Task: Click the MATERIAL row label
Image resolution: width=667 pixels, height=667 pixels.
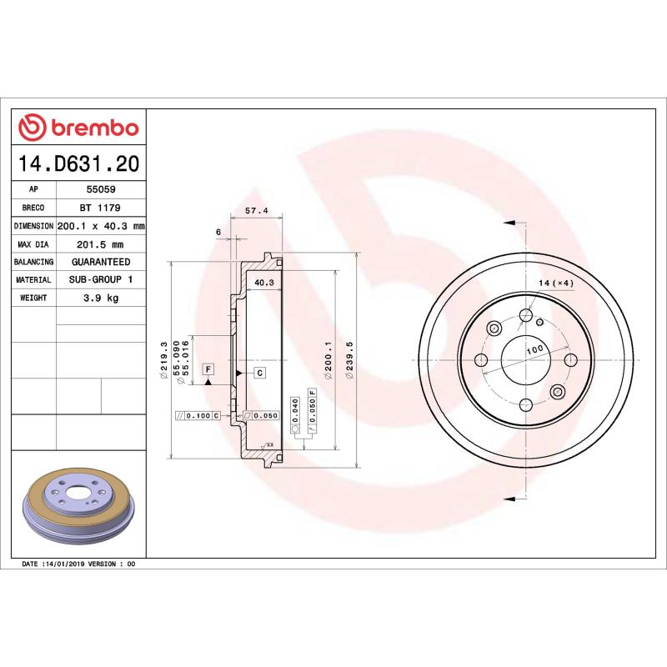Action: pyautogui.click(x=33, y=280)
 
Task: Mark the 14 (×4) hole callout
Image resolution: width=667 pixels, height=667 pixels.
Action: pyautogui.click(x=556, y=283)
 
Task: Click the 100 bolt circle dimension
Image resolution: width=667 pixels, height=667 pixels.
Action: pyautogui.click(x=534, y=349)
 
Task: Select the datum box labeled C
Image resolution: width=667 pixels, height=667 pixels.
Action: pyautogui.click(x=259, y=373)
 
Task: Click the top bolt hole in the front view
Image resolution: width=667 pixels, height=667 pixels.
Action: pyautogui.click(x=525, y=315)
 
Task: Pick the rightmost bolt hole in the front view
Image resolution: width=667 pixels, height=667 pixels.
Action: pyautogui.click(x=570, y=359)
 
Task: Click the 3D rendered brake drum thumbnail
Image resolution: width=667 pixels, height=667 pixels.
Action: pyautogui.click(x=78, y=510)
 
